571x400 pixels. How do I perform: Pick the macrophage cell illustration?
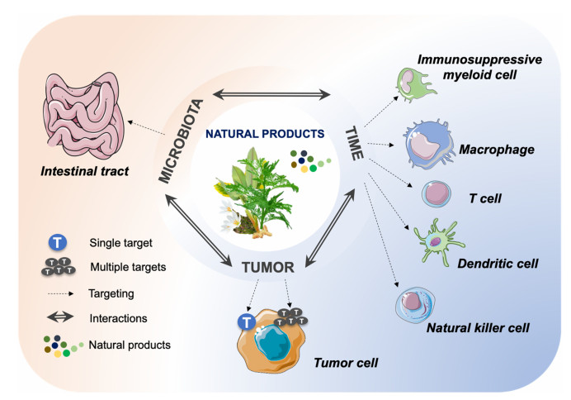[434, 146]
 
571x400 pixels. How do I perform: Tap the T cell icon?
[437, 195]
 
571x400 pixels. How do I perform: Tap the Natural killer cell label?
[478, 328]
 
